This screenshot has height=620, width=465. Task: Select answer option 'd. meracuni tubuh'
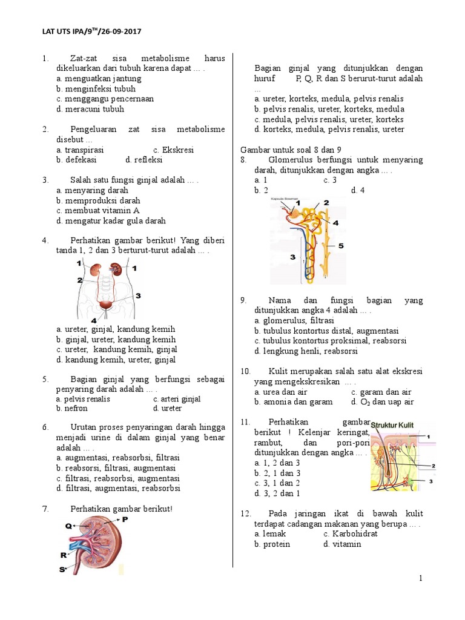tap(90, 109)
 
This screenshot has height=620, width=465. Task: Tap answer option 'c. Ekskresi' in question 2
tap(173, 150)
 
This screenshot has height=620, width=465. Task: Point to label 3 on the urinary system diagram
tap(138, 295)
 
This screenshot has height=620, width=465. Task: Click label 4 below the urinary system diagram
tap(93, 320)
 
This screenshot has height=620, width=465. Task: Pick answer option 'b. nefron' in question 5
tap(72, 409)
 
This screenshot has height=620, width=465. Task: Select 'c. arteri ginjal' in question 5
tap(177, 399)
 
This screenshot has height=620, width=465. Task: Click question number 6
tap(45, 427)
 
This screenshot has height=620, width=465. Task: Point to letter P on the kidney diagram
tap(125, 519)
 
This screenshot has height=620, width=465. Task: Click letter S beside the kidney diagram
tap(62, 569)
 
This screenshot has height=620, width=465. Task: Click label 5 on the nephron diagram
tap(340, 246)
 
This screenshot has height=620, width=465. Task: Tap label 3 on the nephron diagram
tap(292, 257)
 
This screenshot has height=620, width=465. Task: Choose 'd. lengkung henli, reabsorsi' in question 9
tap(306, 351)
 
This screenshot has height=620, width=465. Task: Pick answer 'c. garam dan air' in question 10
tap(382, 392)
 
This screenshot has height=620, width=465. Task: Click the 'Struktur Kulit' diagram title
tap(392, 425)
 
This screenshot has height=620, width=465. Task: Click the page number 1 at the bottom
tap(420, 579)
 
